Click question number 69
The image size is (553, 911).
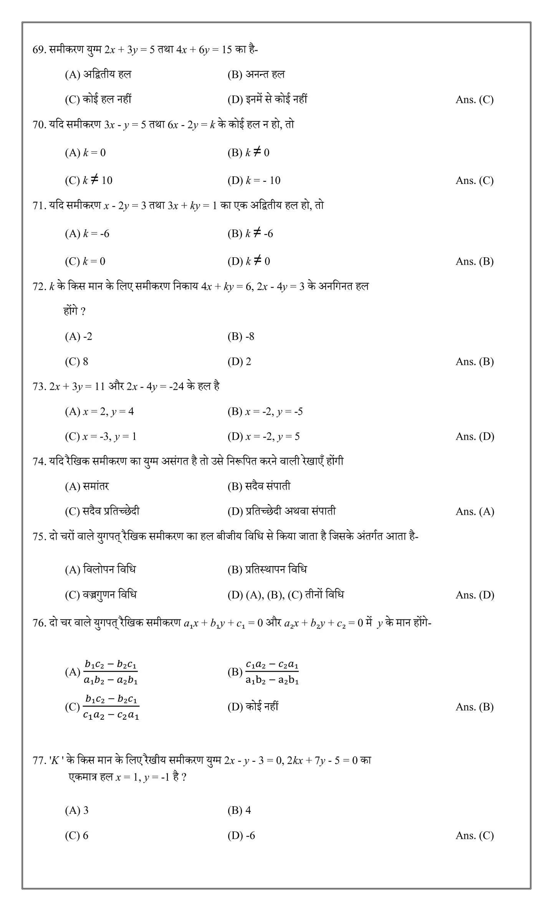point(39,50)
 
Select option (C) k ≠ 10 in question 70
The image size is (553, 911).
point(89,180)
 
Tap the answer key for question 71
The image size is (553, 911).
point(474,262)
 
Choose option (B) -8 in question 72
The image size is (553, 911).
point(241,336)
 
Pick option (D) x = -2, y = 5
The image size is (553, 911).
point(263,436)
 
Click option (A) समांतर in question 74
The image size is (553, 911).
point(87,486)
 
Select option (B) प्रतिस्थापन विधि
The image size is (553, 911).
point(267,569)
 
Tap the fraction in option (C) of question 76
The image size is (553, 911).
point(111,707)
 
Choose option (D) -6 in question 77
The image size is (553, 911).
point(241,835)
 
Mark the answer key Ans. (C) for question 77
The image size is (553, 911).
point(474,836)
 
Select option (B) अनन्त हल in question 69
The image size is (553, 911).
point(256,75)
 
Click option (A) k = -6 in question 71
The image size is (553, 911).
point(87,234)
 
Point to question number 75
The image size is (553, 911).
point(39,537)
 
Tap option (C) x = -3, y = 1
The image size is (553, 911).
point(101,436)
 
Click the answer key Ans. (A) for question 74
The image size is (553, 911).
point(475,512)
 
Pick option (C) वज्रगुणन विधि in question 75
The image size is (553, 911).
point(101,595)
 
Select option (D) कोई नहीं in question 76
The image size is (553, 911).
point(253,707)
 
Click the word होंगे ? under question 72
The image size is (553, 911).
point(75,311)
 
